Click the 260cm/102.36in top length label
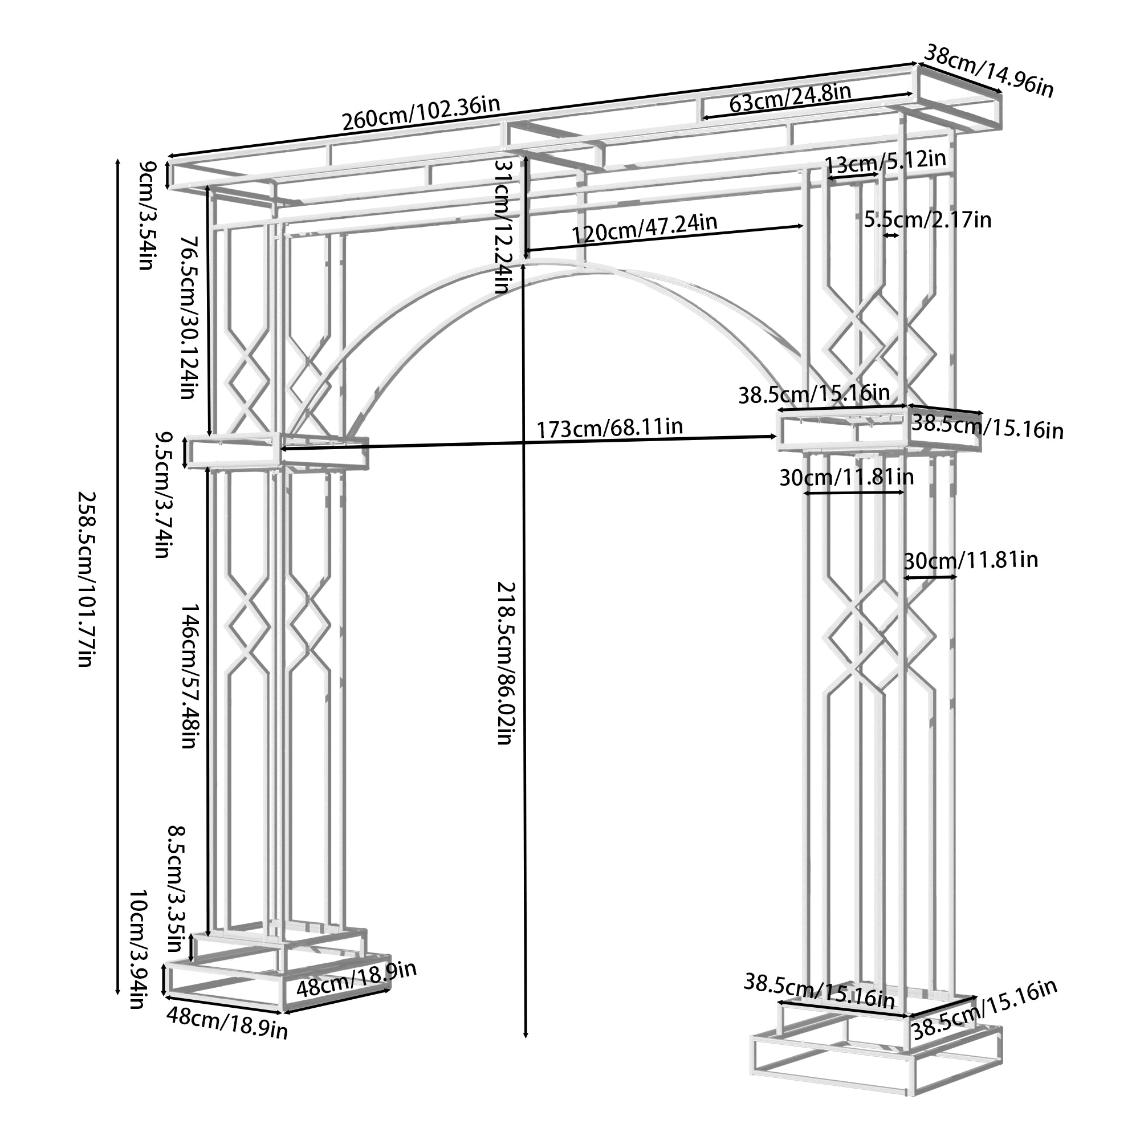pos(421,113)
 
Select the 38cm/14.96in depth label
pos(988,71)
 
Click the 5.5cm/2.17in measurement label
pos(927,220)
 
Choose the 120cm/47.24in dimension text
pos(644,228)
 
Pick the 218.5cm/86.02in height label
pos(506,663)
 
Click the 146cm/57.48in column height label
pos(188,675)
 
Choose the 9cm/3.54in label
pos(146,215)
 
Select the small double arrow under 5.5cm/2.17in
pos(890,235)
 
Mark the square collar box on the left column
pos(234,451)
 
